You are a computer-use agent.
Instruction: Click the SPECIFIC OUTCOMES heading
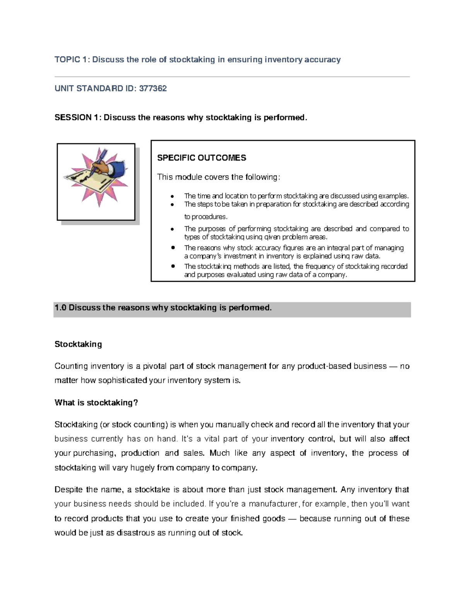[x=201, y=158]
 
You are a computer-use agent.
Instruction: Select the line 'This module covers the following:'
[x=218, y=177]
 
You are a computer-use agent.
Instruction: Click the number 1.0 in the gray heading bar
[x=61, y=308]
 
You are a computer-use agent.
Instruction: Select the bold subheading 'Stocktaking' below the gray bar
[x=78, y=344]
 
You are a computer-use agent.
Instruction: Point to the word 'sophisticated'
[x=123, y=381]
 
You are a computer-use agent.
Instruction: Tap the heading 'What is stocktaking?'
[x=96, y=403]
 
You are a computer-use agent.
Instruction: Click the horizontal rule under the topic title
[x=232, y=77]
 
